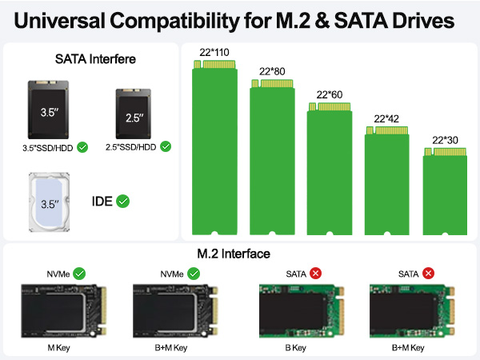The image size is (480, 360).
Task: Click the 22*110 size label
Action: click(214, 52)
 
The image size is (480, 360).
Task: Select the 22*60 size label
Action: click(330, 94)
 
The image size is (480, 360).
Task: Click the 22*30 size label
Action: click(445, 139)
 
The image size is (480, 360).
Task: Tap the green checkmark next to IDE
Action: click(122, 201)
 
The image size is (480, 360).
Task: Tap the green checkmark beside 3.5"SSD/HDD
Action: click(82, 147)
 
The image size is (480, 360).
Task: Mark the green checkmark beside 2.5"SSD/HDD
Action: click(165, 146)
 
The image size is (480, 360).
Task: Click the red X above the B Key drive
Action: click(317, 274)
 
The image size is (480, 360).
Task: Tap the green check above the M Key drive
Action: click(79, 274)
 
